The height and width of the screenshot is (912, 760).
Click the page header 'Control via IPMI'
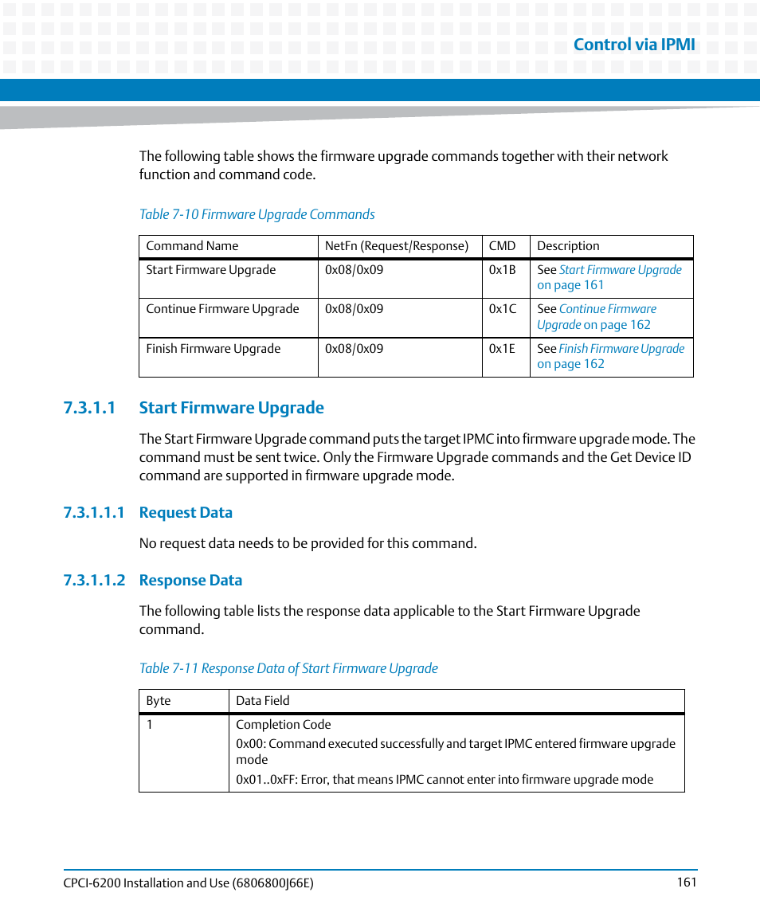[x=633, y=45]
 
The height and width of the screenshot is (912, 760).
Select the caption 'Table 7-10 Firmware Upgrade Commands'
[x=257, y=214]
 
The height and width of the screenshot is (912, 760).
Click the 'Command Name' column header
[x=192, y=246]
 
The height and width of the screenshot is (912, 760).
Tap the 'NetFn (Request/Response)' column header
[x=396, y=246]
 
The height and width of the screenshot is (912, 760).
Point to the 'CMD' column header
[x=502, y=246]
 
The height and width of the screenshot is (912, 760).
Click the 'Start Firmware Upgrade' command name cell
[x=210, y=270]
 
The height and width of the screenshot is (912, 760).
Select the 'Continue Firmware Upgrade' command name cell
[x=222, y=309]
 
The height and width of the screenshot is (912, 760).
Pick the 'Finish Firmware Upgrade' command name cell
[x=213, y=349]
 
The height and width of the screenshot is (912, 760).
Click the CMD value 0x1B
[x=502, y=270]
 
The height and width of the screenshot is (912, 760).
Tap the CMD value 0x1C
[x=502, y=309]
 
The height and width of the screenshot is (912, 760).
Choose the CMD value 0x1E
[x=502, y=349]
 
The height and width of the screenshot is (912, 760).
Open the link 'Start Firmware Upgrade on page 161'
[x=619, y=270]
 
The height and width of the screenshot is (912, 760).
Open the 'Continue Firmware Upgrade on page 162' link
[x=607, y=309]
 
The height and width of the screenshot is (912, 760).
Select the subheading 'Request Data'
[x=186, y=513]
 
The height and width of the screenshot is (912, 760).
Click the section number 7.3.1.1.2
[x=94, y=581]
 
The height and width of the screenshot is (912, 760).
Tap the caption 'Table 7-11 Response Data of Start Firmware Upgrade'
[x=288, y=668]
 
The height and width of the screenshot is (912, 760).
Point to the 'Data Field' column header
[x=262, y=701]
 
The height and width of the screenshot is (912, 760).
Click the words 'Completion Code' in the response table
[x=283, y=725]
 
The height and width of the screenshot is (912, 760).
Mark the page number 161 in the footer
[x=687, y=882]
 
